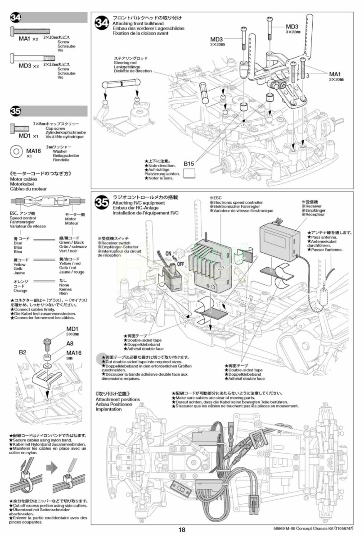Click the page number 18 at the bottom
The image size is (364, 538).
[x=181, y=530]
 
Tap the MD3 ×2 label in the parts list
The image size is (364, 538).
[x=29, y=66]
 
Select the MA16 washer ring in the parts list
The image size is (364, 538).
[x=17, y=150]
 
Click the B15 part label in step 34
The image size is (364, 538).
[x=189, y=164]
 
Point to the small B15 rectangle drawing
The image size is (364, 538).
[x=189, y=173]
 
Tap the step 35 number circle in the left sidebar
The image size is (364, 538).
[x=15, y=111]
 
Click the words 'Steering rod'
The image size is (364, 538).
[x=125, y=63]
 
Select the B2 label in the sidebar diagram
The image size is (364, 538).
[x=22, y=351]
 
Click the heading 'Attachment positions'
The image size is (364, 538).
[x=118, y=399]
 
